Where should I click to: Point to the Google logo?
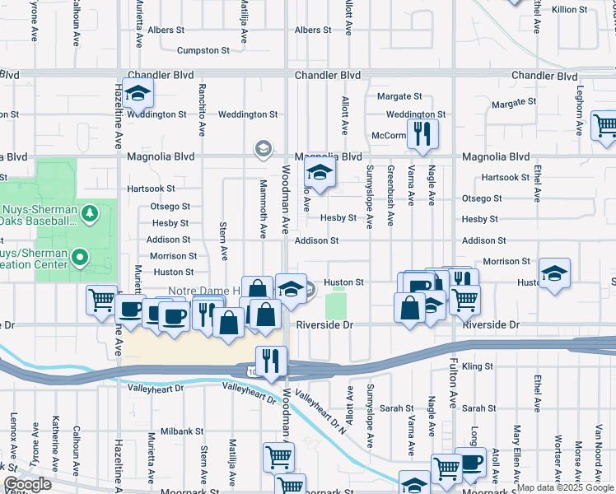(27, 484)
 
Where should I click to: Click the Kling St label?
(477, 366)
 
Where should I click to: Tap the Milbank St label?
(182, 431)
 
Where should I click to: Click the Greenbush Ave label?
(390, 185)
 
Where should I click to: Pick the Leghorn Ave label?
(580, 105)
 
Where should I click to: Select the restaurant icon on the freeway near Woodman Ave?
(270, 360)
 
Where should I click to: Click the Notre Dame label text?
(203, 291)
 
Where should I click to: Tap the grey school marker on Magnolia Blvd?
(263, 149)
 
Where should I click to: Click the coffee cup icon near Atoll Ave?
(470, 463)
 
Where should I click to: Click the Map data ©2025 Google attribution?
(564, 487)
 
